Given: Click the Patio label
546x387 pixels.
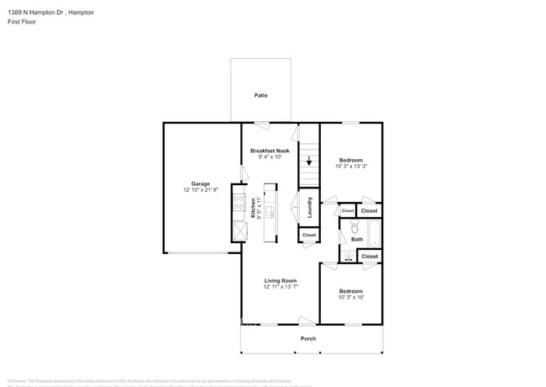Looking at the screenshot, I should pos(261,96).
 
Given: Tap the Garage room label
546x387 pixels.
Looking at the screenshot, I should pos(200,183).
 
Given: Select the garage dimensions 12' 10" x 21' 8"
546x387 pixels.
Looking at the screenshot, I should pos(200,191).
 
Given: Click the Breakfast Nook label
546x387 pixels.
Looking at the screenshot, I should pos(270,151).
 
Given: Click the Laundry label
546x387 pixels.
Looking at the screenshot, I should pos(309,208).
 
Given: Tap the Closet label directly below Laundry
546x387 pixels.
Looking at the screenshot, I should pos(309,235).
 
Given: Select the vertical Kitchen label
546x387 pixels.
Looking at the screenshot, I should pos(254,208).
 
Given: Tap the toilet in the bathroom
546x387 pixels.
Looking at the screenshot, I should pos(354,228).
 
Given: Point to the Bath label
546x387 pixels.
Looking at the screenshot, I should pos(357,240).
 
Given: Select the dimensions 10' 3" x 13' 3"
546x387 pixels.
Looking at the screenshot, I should pos(351,167).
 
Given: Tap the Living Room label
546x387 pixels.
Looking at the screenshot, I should pos(280,280).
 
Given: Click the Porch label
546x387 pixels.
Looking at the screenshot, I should pos(308,339).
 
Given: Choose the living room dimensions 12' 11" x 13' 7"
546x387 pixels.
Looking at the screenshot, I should pos(280,288).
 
